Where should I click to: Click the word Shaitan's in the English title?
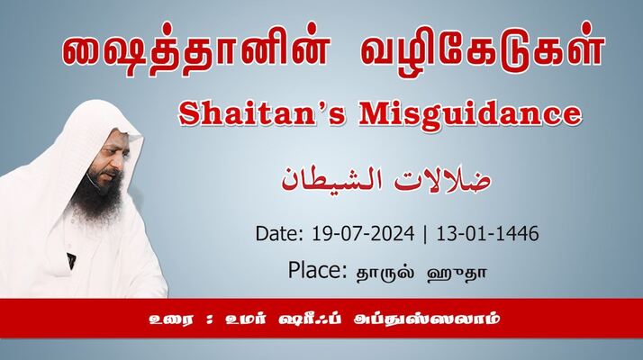click(x=262, y=113)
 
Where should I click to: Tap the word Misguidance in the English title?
click(x=470, y=115)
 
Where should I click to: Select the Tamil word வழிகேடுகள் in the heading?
click(x=483, y=50)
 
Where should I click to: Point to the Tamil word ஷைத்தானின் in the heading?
click(x=195, y=51)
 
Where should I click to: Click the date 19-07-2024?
click(x=363, y=234)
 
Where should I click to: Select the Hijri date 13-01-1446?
click(x=487, y=234)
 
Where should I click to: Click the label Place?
click(x=318, y=270)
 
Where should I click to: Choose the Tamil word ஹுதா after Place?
click(x=457, y=274)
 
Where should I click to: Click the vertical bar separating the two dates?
click(x=425, y=235)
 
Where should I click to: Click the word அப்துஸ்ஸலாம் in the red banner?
click(x=427, y=319)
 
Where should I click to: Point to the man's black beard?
click(x=97, y=193)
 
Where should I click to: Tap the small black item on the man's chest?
click(x=71, y=261)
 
